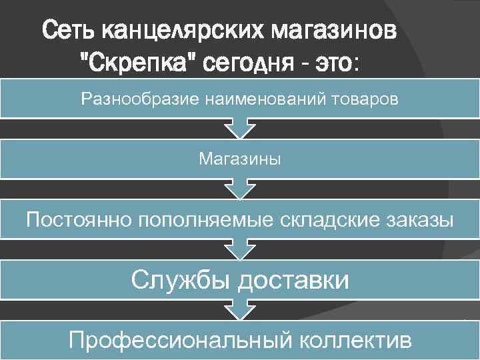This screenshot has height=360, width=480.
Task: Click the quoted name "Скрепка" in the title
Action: pos(136,63)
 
